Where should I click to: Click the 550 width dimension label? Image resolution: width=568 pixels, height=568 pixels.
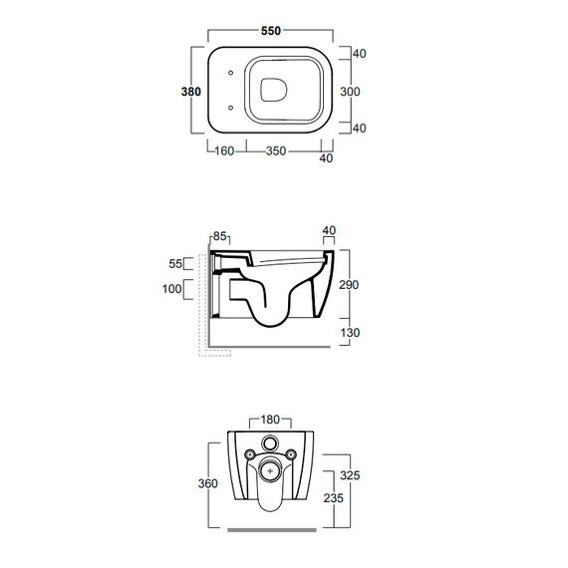[271, 31]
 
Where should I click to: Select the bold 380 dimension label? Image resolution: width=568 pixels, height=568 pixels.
[191, 92]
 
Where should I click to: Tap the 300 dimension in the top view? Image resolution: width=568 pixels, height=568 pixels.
[350, 92]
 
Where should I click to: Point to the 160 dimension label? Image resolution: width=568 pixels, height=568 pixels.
[224, 151]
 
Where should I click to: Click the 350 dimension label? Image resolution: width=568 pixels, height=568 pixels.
[276, 151]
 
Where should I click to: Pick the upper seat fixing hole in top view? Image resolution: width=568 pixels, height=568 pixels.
[231, 73]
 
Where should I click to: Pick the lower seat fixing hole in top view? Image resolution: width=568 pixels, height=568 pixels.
[231, 108]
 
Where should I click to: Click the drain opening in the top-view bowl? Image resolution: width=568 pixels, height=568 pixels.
[274, 89]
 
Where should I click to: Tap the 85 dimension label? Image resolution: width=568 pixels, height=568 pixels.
[220, 236]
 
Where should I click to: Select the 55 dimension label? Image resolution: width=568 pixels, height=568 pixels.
[175, 264]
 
